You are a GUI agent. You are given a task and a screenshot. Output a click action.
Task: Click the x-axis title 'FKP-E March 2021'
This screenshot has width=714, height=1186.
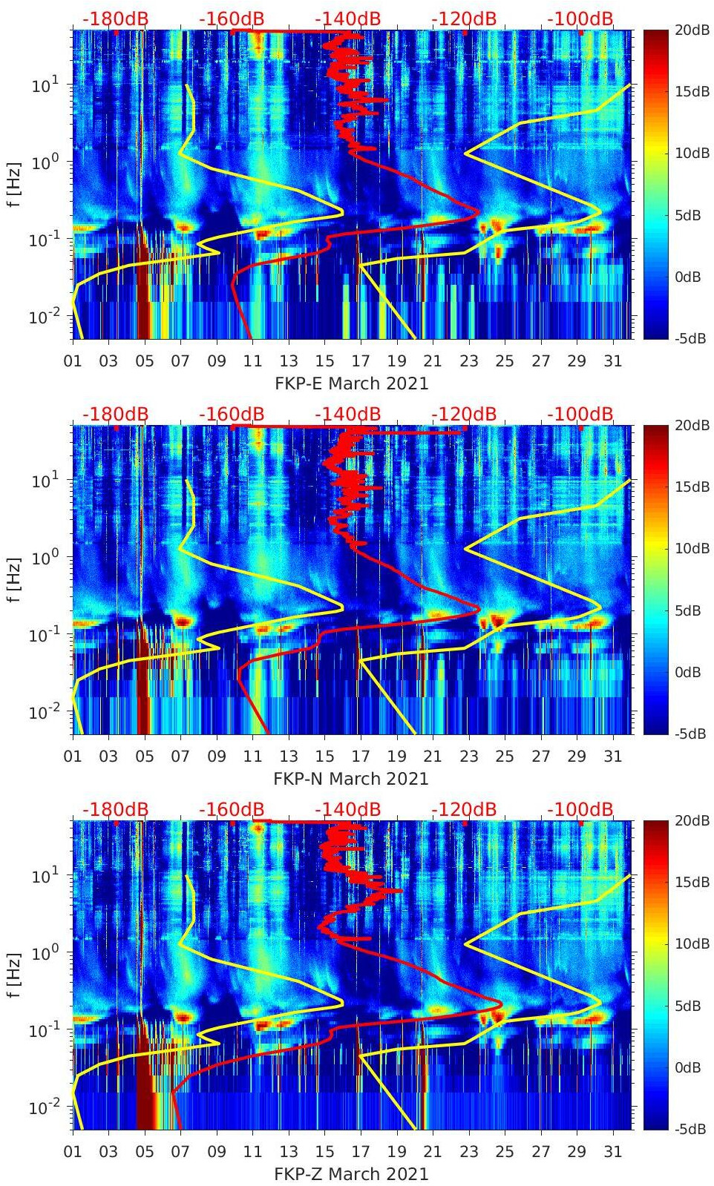click(351, 383)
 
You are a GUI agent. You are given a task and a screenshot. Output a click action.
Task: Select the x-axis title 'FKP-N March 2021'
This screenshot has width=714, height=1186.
click(351, 779)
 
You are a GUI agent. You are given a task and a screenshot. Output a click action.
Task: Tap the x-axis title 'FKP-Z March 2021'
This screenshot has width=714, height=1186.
click(351, 1174)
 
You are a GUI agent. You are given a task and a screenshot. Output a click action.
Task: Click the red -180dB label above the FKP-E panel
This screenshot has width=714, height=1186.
click(115, 19)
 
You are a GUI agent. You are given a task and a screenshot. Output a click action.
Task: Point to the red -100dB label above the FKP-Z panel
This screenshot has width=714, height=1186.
click(580, 809)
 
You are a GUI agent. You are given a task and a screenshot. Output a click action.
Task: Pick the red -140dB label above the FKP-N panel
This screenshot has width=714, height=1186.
click(347, 414)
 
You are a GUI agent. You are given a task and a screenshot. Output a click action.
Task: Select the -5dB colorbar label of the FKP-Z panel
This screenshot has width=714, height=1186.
click(690, 1129)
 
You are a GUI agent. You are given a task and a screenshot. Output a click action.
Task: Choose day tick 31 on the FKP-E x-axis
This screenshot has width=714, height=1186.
click(612, 361)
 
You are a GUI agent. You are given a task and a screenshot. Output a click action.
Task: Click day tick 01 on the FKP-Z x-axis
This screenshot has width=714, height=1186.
click(73, 1152)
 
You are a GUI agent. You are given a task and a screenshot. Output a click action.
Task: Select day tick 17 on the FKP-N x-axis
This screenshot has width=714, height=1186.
click(361, 757)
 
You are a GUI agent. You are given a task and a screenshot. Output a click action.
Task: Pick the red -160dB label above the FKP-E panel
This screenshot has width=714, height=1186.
click(231, 19)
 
